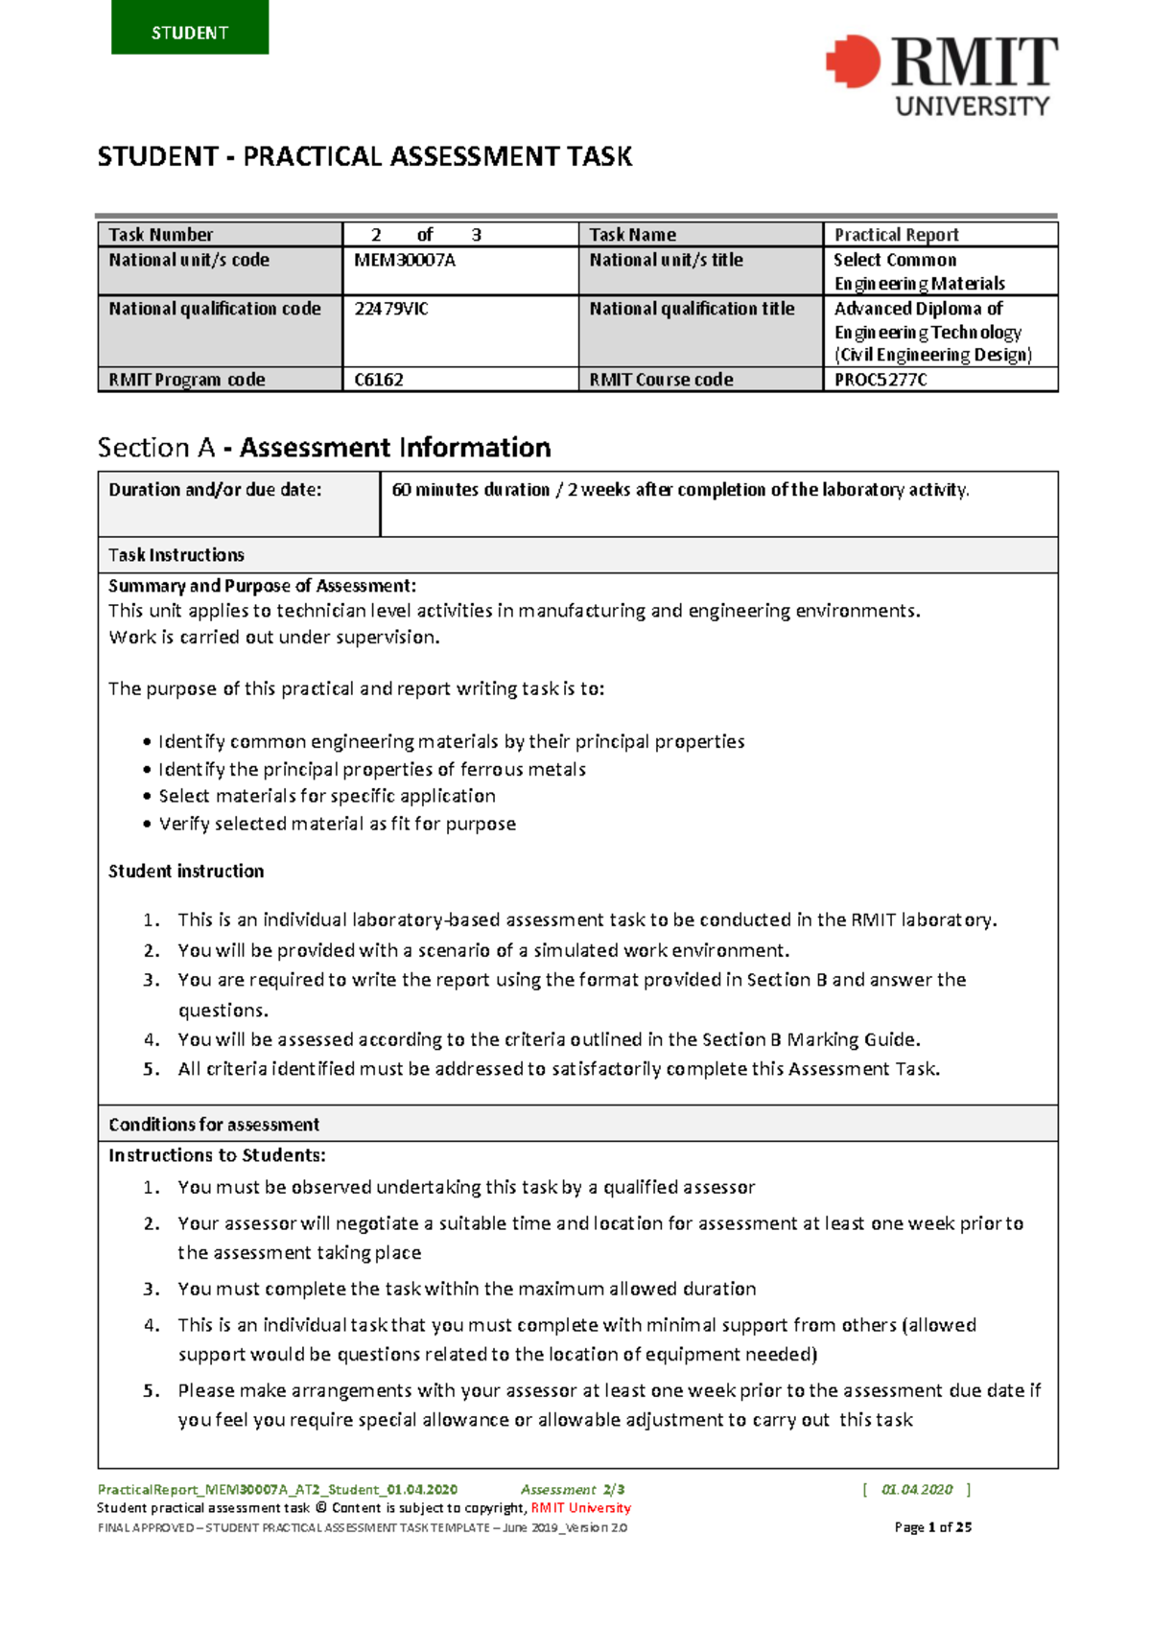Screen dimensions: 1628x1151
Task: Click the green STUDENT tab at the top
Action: click(190, 29)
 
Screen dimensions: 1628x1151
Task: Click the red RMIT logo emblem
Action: click(853, 62)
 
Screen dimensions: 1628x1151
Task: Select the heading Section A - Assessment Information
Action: click(324, 448)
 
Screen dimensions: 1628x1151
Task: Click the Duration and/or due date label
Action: click(215, 490)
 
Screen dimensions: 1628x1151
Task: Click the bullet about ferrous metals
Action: click(371, 769)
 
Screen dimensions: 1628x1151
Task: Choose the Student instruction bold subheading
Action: click(186, 872)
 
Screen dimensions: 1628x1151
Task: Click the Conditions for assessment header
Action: click(214, 1125)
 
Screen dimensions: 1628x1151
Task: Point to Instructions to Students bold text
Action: click(217, 1155)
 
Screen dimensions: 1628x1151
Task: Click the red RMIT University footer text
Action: click(580, 1508)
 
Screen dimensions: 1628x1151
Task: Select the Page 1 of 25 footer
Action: click(932, 1527)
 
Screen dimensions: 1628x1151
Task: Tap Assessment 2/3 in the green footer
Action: click(573, 1490)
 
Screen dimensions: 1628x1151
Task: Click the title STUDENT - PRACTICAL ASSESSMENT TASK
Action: click(364, 157)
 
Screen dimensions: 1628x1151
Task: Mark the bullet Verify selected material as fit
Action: click(337, 824)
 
